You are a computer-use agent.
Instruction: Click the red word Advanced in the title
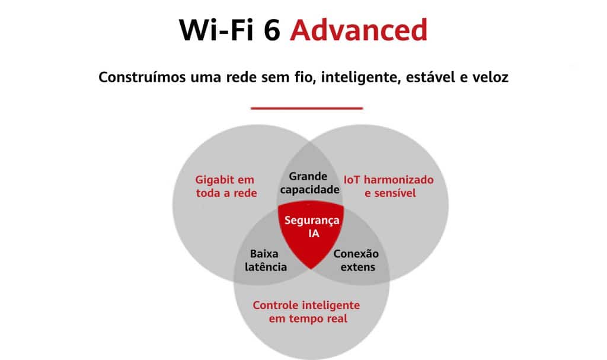pos(359,30)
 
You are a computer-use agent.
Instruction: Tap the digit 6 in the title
pos(272,30)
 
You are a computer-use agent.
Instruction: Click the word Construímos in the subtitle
pos(142,77)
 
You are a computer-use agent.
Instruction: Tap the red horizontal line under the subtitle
pos(306,108)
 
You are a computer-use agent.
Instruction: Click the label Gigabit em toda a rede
pos(226,186)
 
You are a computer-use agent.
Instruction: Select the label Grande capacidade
pos(309,183)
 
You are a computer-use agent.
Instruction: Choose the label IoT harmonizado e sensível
pos(389,186)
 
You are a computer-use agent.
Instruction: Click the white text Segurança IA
pos(312,227)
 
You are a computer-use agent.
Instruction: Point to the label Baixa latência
pos(266,260)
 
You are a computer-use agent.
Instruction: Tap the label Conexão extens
pos(356,260)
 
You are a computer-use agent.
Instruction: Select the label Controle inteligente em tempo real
pos(306,311)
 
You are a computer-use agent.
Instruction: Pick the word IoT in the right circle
pos(352,180)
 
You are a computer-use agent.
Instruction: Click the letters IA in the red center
pos(314,233)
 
